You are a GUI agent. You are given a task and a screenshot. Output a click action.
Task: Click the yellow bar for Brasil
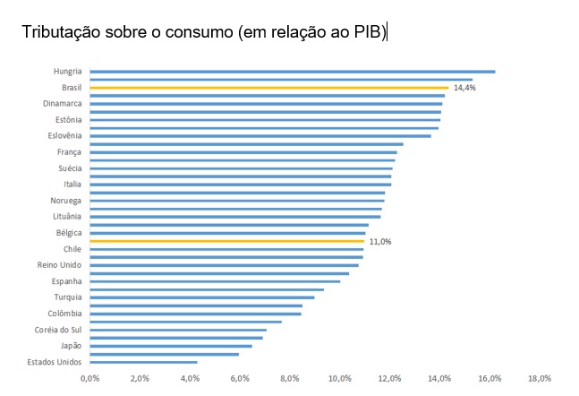pos(268,88)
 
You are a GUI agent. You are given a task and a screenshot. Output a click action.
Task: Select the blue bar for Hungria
pos(292,72)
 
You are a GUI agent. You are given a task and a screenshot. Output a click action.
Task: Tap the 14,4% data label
pos(464,88)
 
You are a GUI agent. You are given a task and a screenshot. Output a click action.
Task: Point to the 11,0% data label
pos(380,241)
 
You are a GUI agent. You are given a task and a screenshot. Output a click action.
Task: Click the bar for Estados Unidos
pos(143,362)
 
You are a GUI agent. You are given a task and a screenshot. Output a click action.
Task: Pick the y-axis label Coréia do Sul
pos(58,330)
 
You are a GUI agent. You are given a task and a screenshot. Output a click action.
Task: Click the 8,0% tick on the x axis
pos(290,378)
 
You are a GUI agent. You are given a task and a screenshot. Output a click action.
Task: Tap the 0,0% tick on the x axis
pos(89,378)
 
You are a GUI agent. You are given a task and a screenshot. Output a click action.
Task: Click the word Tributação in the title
pos(62,33)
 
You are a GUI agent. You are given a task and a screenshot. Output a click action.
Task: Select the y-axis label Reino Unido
pos(59,265)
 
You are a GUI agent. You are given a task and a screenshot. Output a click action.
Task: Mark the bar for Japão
pos(170,346)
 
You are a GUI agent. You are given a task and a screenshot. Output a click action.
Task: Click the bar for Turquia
pos(201,297)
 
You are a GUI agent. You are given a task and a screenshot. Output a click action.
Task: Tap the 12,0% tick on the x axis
pos(389,378)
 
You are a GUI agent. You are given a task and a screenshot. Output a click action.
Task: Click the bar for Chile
pos(226,249)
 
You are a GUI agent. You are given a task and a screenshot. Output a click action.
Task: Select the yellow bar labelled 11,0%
pos(226,241)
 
